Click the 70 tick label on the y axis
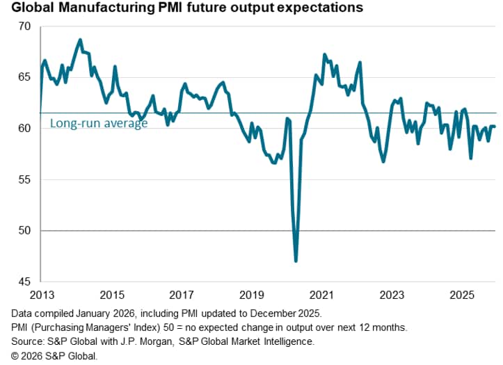[x=25, y=26]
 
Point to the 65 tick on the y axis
[x=25, y=77]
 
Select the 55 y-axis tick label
[x=25, y=179]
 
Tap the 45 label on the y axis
[x=25, y=282]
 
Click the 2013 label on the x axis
[x=40, y=294]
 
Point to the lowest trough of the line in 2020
[x=296, y=261]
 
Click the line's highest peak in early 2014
[x=80, y=40]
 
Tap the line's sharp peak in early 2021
[x=325, y=54]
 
